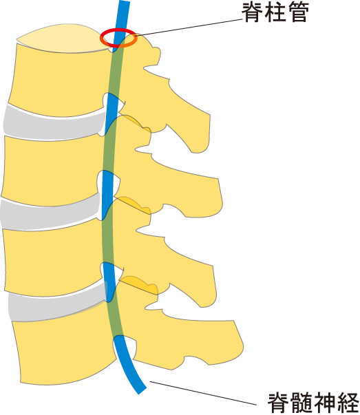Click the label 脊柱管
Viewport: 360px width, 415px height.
point(275,12)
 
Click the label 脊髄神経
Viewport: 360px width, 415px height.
point(313,403)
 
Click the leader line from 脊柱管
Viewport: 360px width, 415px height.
point(189,27)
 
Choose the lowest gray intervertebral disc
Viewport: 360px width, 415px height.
point(57,304)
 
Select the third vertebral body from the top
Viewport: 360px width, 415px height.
point(53,259)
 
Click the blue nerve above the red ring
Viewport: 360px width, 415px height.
point(123,14)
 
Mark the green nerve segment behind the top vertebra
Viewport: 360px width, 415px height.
point(116,72)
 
